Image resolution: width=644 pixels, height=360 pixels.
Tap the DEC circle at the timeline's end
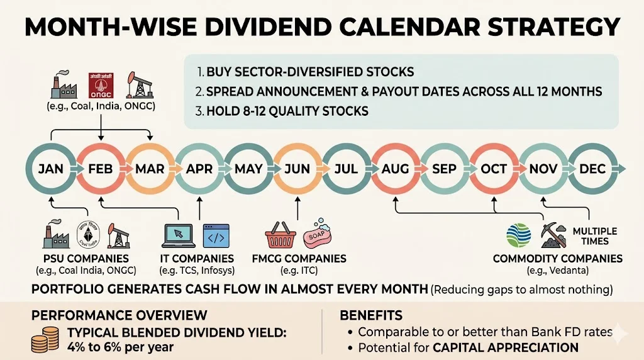[593, 169]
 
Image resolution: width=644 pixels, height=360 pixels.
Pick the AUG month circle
[394, 169]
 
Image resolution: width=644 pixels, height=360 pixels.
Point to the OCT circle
[494, 169]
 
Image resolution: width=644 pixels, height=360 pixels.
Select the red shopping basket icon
[280, 238]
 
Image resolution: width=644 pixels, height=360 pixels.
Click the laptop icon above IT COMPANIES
[179, 235]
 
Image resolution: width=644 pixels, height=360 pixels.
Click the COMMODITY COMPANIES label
[557, 259]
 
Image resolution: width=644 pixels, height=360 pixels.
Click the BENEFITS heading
[371, 315]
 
